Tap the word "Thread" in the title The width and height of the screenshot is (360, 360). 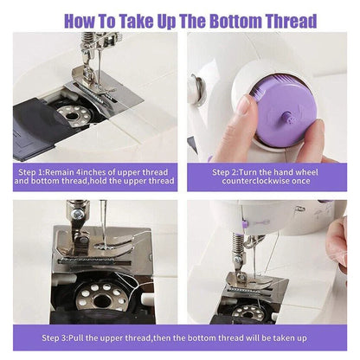coord(290,20)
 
